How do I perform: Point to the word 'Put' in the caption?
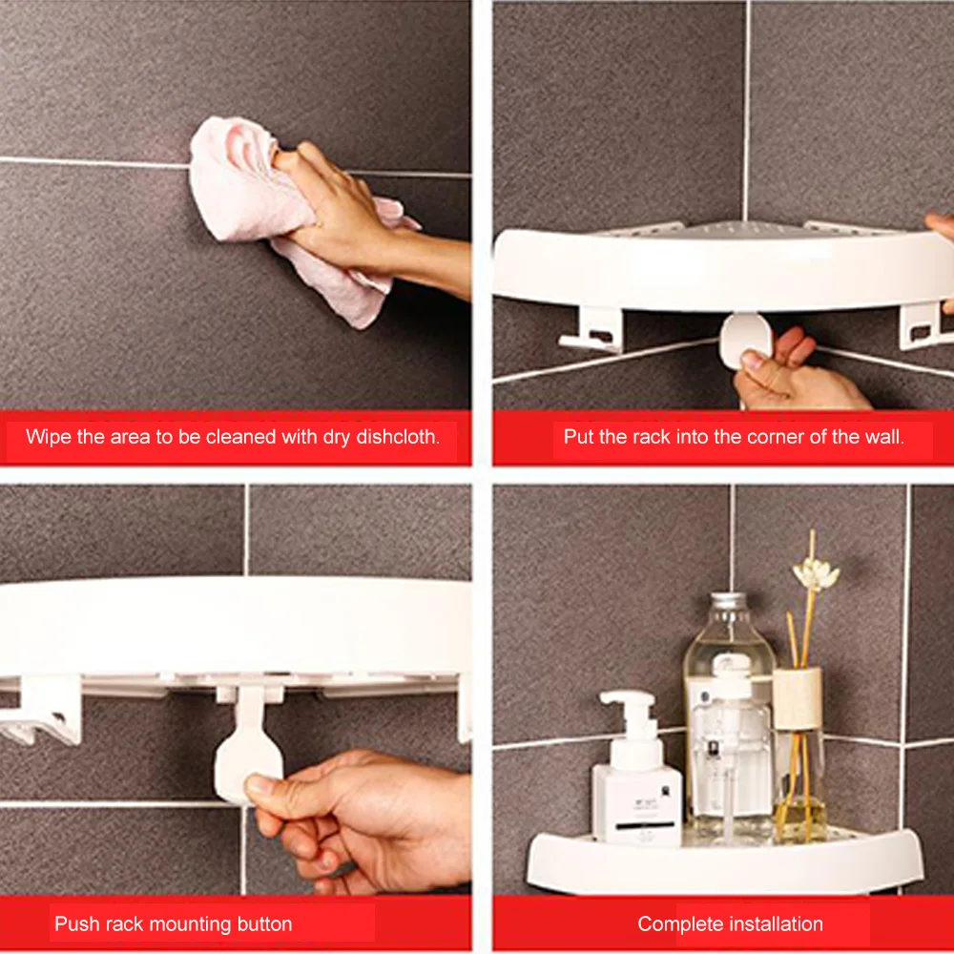coord(577,437)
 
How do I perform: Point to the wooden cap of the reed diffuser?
coord(797,698)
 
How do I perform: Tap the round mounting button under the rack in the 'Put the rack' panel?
coord(745,341)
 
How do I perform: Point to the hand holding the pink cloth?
coord(353,213)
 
